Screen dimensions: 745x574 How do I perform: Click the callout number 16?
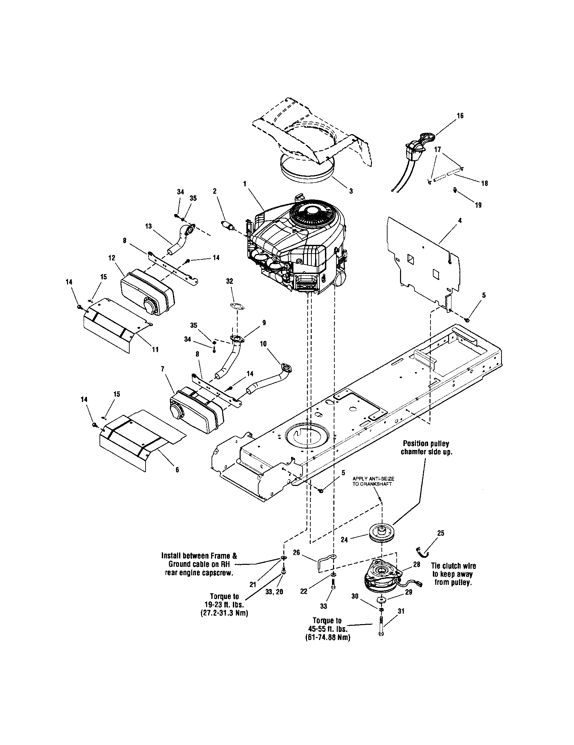(460, 115)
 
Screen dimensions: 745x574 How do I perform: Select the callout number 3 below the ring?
(351, 192)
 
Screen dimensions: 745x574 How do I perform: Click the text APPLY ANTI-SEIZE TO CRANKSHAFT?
(373, 482)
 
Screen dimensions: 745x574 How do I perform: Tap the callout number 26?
(296, 552)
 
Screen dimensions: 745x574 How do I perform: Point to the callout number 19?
(478, 205)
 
